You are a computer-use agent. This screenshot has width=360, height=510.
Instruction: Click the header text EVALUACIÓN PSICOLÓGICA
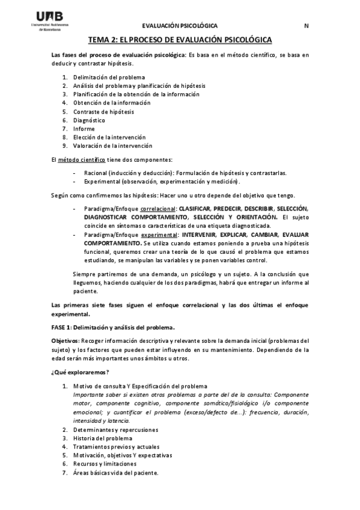pyautogui.click(x=180, y=26)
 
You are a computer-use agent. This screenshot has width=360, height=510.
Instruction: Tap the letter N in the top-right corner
pyautogui.click(x=306, y=26)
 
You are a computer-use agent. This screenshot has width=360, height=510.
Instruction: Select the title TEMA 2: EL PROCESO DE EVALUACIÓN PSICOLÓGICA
pyautogui.click(x=180, y=40)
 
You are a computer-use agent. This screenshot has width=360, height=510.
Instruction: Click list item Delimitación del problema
pyautogui.click(x=109, y=78)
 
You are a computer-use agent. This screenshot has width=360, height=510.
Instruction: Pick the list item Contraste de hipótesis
pyautogui.click(x=103, y=111)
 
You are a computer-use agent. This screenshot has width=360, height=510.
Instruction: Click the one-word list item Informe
pyautogui.click(x=84, y=128)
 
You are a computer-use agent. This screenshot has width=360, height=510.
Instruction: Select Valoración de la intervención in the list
pyautogui.click(x=112, y=145)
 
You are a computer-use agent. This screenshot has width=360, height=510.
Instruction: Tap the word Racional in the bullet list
pyautogui.click(x=96, y=173)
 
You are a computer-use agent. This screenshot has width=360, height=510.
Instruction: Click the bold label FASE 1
pyautogui.click(x=61, y=327)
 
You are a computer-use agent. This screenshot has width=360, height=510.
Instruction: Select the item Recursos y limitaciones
pyautogui.click(x=105, y=464)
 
